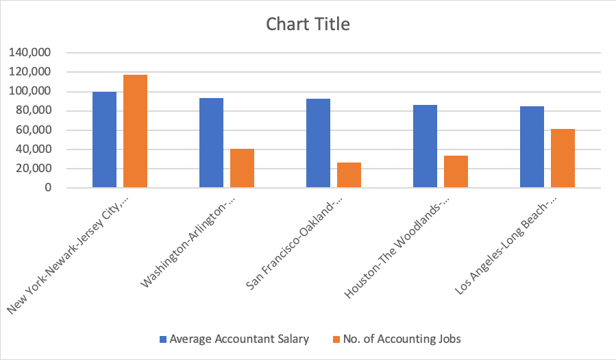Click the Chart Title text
click(x=308, y=25)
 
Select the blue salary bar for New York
click(x=104, y=140)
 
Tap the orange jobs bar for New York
click(x=135, y=131)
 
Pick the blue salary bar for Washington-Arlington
click(x=211, y=143)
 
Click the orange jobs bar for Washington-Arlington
click(x=242, y=168)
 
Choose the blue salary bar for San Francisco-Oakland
click(x=318, y=143)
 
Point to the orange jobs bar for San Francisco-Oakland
click(x=349, y=175)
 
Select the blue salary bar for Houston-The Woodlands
click(x=425, y=146)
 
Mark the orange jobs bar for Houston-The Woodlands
click(x=456, y=171)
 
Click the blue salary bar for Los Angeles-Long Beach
click(x=532, y=147)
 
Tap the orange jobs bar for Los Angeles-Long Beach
click(x=563, y=158)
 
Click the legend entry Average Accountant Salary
click(x=234, y=339)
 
